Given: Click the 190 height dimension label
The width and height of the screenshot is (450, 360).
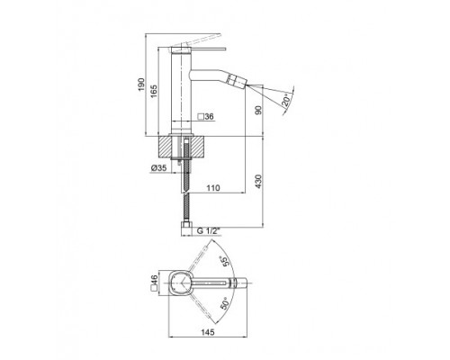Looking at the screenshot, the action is coord(141,85).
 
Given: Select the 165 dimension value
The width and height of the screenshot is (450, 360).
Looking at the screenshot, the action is coord(153,91).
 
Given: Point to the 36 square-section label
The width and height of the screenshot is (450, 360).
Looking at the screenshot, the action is coord(206,117).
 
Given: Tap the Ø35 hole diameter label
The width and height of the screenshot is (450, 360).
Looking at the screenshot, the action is coord(158,168).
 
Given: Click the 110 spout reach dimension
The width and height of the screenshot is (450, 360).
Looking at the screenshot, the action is coord(213,188).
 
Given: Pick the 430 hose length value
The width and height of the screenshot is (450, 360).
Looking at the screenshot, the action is coord(258,181).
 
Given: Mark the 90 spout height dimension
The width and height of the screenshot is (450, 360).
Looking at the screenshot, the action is coord(258,110).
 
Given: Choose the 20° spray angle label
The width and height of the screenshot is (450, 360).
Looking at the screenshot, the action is coord(286,100).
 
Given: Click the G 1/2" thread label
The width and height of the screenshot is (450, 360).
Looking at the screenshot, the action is coord(209,231).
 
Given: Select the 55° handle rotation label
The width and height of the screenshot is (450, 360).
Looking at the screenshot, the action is coord(224,261).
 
